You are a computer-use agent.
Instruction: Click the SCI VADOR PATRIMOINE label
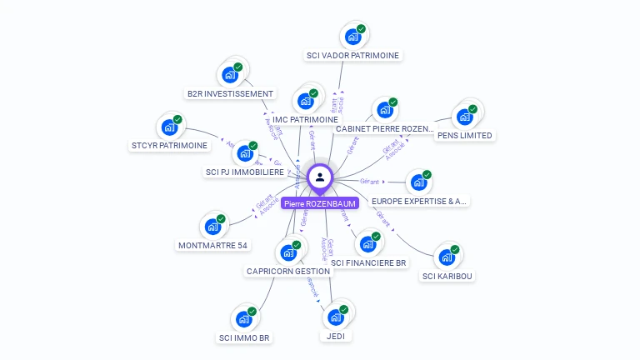coord(353,56)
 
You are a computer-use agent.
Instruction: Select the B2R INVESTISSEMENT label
coord(230,93)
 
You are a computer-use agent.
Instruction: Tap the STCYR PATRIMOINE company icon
coord(169,128)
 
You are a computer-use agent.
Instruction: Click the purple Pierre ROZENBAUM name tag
coord(320,203)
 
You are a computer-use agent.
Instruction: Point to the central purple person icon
coord(320,177)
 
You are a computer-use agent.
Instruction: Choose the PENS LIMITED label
coord(465,135)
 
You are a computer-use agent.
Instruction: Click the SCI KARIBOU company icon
coord(447,257)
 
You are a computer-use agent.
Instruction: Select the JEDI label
coord(335,336)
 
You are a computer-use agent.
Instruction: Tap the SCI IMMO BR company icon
coord(243,319)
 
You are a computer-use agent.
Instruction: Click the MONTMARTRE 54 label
coord(213,245)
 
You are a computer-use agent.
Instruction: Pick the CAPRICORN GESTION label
coord(288,271)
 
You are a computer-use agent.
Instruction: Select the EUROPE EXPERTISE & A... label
coord(420,201)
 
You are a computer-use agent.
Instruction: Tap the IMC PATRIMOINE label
coord(305,120)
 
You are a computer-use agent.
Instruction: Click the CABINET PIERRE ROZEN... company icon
coord(383,111)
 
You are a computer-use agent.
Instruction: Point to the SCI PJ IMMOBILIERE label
coord(244,172)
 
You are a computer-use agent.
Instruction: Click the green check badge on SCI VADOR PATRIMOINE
coord(361,30)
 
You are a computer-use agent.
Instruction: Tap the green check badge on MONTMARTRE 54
coord(221,219)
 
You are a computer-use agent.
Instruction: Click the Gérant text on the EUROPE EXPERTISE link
coord(369,181)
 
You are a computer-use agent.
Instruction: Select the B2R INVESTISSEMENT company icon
coord(230,75)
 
